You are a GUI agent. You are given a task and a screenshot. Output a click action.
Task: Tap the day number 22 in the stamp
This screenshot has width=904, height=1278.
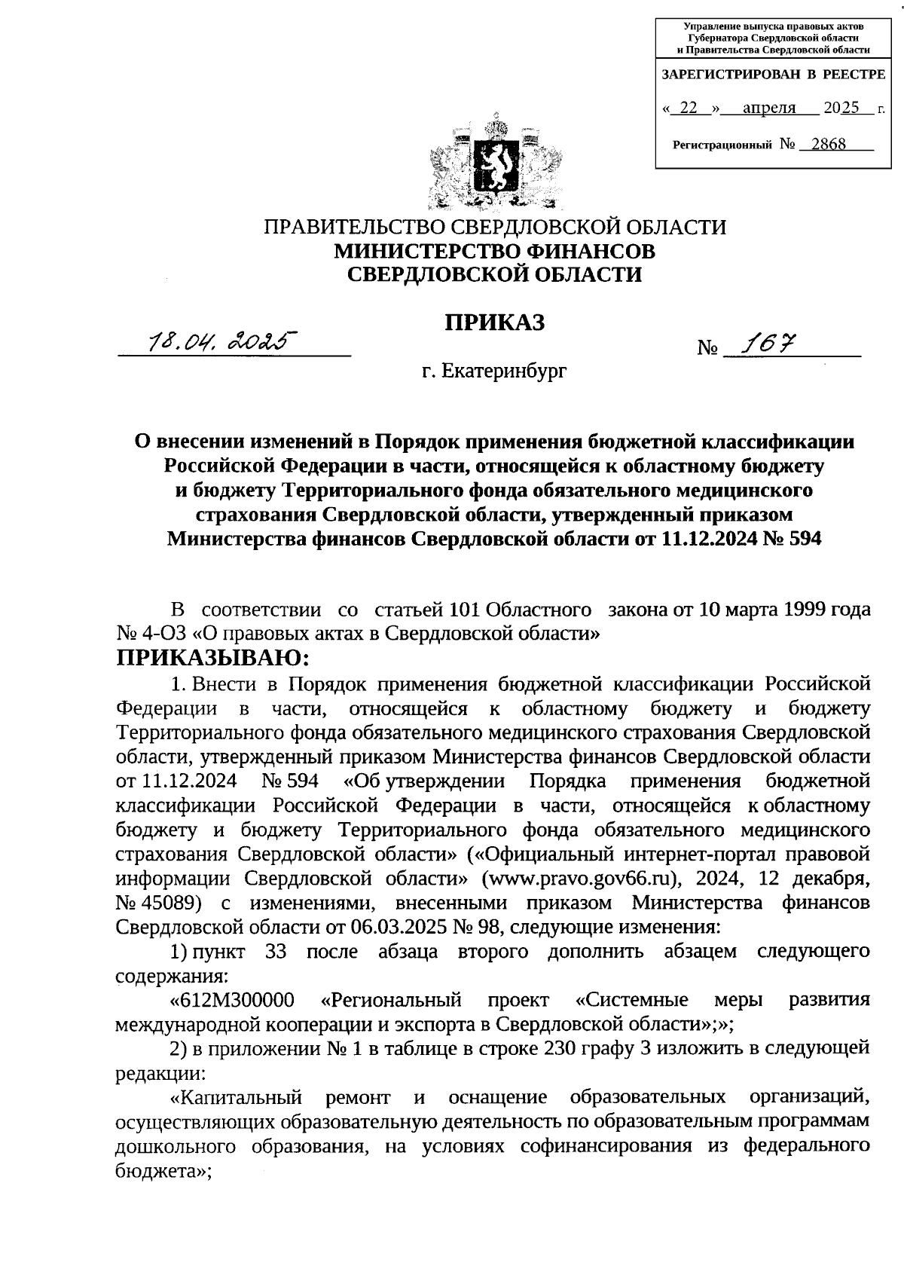click(x=689, y=108)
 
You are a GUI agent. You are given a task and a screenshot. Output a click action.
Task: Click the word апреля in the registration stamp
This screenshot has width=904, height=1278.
click(x=769, y=108)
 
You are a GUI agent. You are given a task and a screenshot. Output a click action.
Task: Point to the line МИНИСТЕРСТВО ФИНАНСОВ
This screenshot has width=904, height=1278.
click(x=494, y=250)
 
